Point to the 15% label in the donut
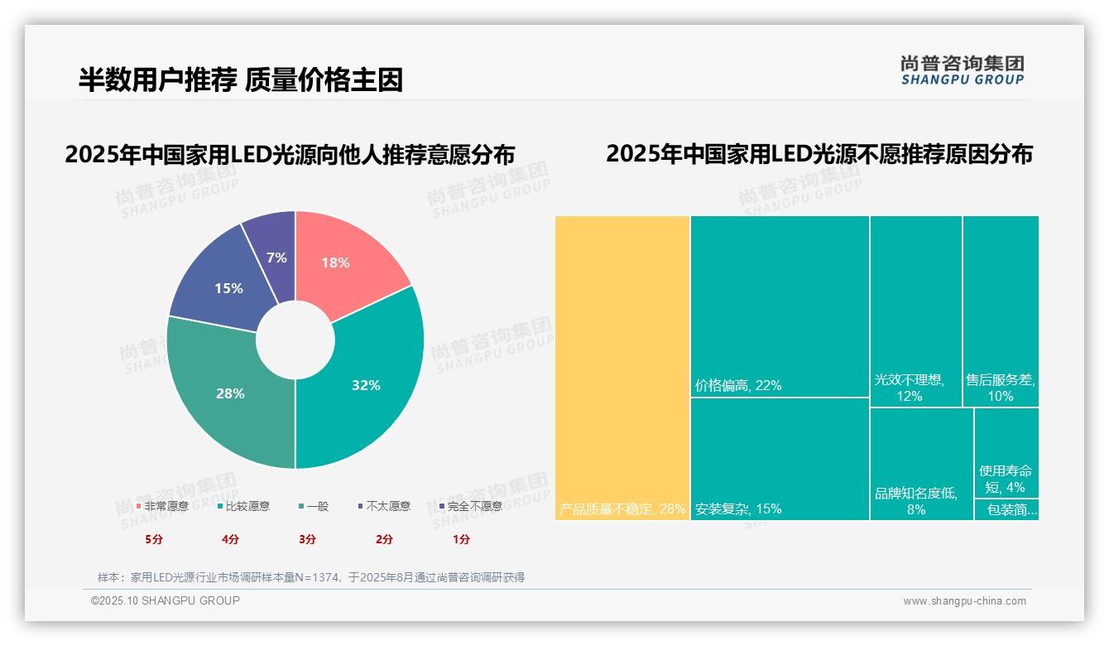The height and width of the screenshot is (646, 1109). pyautogui.click(x=228, y=288)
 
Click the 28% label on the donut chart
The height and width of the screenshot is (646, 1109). pyautogui.click(x=230, y=393)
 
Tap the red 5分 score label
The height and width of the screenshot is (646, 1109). pyautogui.click(x=154, y=539)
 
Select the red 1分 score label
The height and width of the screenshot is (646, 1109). pyautogui.click(x=461, y=539)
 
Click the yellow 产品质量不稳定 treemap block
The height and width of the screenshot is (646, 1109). pyautogui.click(x=622, y=368)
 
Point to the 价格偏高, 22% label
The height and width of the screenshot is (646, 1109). pyautogui.click(x=738, y=385)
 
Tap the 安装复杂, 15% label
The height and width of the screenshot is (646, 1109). pyautogui.click(x=738, y=509)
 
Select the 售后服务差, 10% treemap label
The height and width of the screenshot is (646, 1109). pyautogui.click(x=1001, y=388)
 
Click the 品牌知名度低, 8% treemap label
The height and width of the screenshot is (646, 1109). pyautogui.click(x=916, y=501)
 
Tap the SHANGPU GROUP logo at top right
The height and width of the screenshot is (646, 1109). pyautogui.click(x=962, y=70)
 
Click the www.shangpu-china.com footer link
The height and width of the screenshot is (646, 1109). pyautogui.click(x=964, y=601)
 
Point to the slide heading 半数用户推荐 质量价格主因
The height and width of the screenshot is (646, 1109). pyautogui.click(x=241, y=80)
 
